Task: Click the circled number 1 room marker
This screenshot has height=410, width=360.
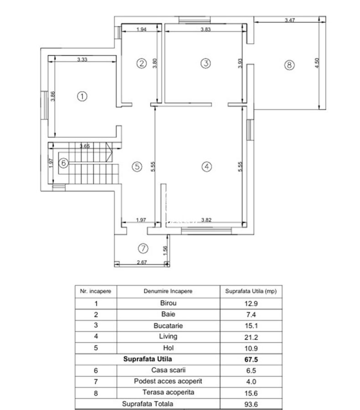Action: pos(82,96)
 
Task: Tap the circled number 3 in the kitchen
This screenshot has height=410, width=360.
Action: pos(206,63)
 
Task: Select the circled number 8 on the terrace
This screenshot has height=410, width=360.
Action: pos(289,65)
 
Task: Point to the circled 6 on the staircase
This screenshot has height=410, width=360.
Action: pos(63,163)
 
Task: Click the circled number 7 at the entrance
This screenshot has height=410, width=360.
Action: pos(143,248)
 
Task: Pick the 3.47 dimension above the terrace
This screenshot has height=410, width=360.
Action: pos(290,20)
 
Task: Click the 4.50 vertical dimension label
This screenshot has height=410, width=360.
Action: pos(317,63)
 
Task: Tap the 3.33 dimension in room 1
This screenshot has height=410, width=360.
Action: pos(82,59)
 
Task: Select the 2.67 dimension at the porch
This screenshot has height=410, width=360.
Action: pos(142,262)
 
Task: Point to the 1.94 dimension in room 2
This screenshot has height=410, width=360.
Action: pos(141,29)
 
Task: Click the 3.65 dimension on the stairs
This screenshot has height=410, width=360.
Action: pos(85,146)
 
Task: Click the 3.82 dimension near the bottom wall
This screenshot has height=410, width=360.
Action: pos(206,220)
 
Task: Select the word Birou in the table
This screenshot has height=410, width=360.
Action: pos(168,303)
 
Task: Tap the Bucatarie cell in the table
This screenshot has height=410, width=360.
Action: pos(168,326)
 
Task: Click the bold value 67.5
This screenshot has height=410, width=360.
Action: pos(251,359)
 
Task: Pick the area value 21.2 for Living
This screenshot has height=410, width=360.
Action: pos(251,337)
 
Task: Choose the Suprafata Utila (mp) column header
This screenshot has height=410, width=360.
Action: pos(251,291)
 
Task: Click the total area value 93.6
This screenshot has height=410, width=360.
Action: pos(251,404)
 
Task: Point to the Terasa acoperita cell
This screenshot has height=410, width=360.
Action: pos(168,392)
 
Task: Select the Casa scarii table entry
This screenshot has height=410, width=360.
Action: pos(168,370)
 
